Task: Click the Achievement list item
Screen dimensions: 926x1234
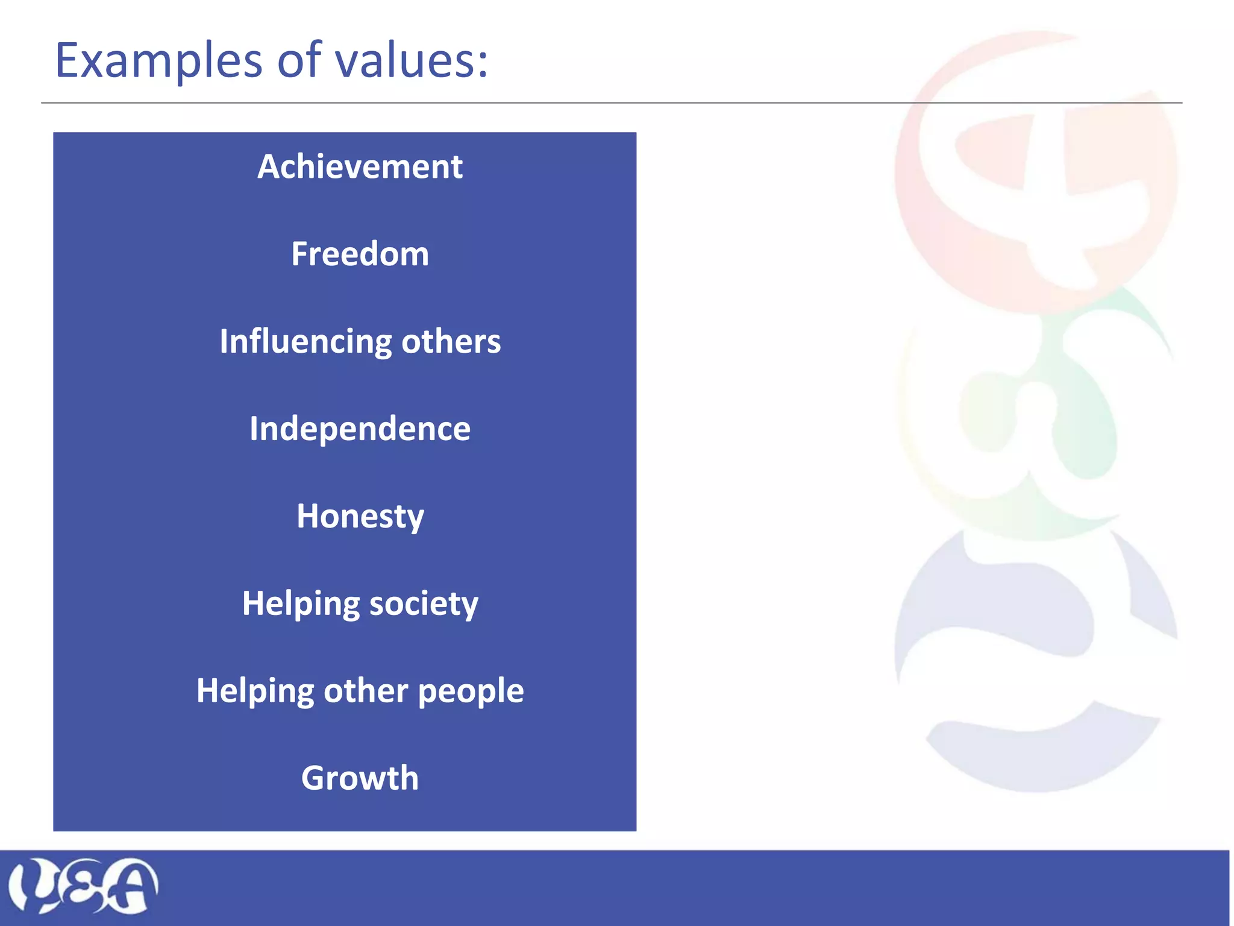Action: [x=360, y=166]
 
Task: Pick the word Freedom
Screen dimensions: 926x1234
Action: [x=360, y=254]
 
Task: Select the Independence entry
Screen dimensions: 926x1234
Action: [x=360, y=429]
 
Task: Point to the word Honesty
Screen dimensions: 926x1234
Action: [x=360, y=517]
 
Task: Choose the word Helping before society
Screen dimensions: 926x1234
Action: [x=301, y=603]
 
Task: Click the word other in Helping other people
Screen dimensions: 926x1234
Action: [x=366, y=691]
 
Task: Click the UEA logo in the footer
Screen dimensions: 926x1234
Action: [x=83, y=885]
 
